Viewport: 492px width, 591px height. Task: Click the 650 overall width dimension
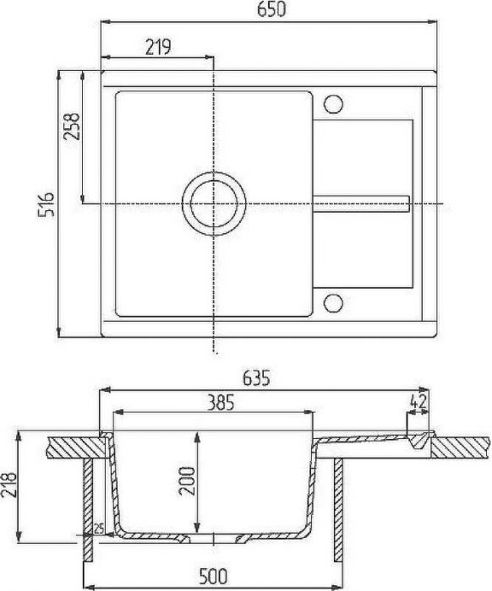(272, 11)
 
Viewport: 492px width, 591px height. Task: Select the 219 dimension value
(158, 47)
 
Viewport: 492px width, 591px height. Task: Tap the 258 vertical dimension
(72, 129)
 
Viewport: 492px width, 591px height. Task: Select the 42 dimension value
(417, 403)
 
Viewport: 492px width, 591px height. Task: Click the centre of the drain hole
(214, 203)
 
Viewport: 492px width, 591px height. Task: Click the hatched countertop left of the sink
(72, 447)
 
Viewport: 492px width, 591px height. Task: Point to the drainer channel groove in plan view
(364, 203)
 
